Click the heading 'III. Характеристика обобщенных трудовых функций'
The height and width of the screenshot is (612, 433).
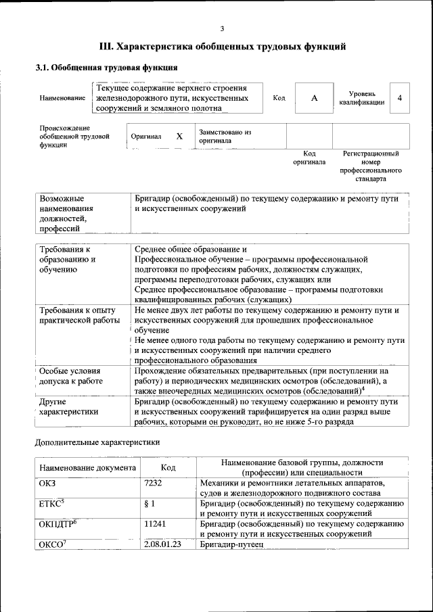tap(223, 47)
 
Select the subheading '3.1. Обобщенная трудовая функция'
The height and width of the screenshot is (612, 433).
tap(106, 68)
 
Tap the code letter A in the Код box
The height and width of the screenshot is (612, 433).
tap(314, 98)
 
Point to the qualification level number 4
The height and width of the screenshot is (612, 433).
tap(400, 98)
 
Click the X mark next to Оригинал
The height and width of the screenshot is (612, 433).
tap(179, 136)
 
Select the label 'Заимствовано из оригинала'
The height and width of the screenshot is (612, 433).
tap(225, 136)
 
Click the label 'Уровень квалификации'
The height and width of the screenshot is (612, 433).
tap(362, 98)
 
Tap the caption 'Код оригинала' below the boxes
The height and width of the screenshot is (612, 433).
tap(309, 158)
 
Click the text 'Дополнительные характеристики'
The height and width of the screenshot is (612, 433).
tap(97, 443)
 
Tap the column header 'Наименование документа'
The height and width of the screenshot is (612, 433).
tap(87, 467)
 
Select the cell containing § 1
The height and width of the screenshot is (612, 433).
tap(150, 503)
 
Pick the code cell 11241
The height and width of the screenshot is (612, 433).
tap(156, 523)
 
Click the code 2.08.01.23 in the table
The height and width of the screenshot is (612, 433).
tap(163, 544)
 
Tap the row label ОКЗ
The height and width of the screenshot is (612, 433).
tap(49, 483)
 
